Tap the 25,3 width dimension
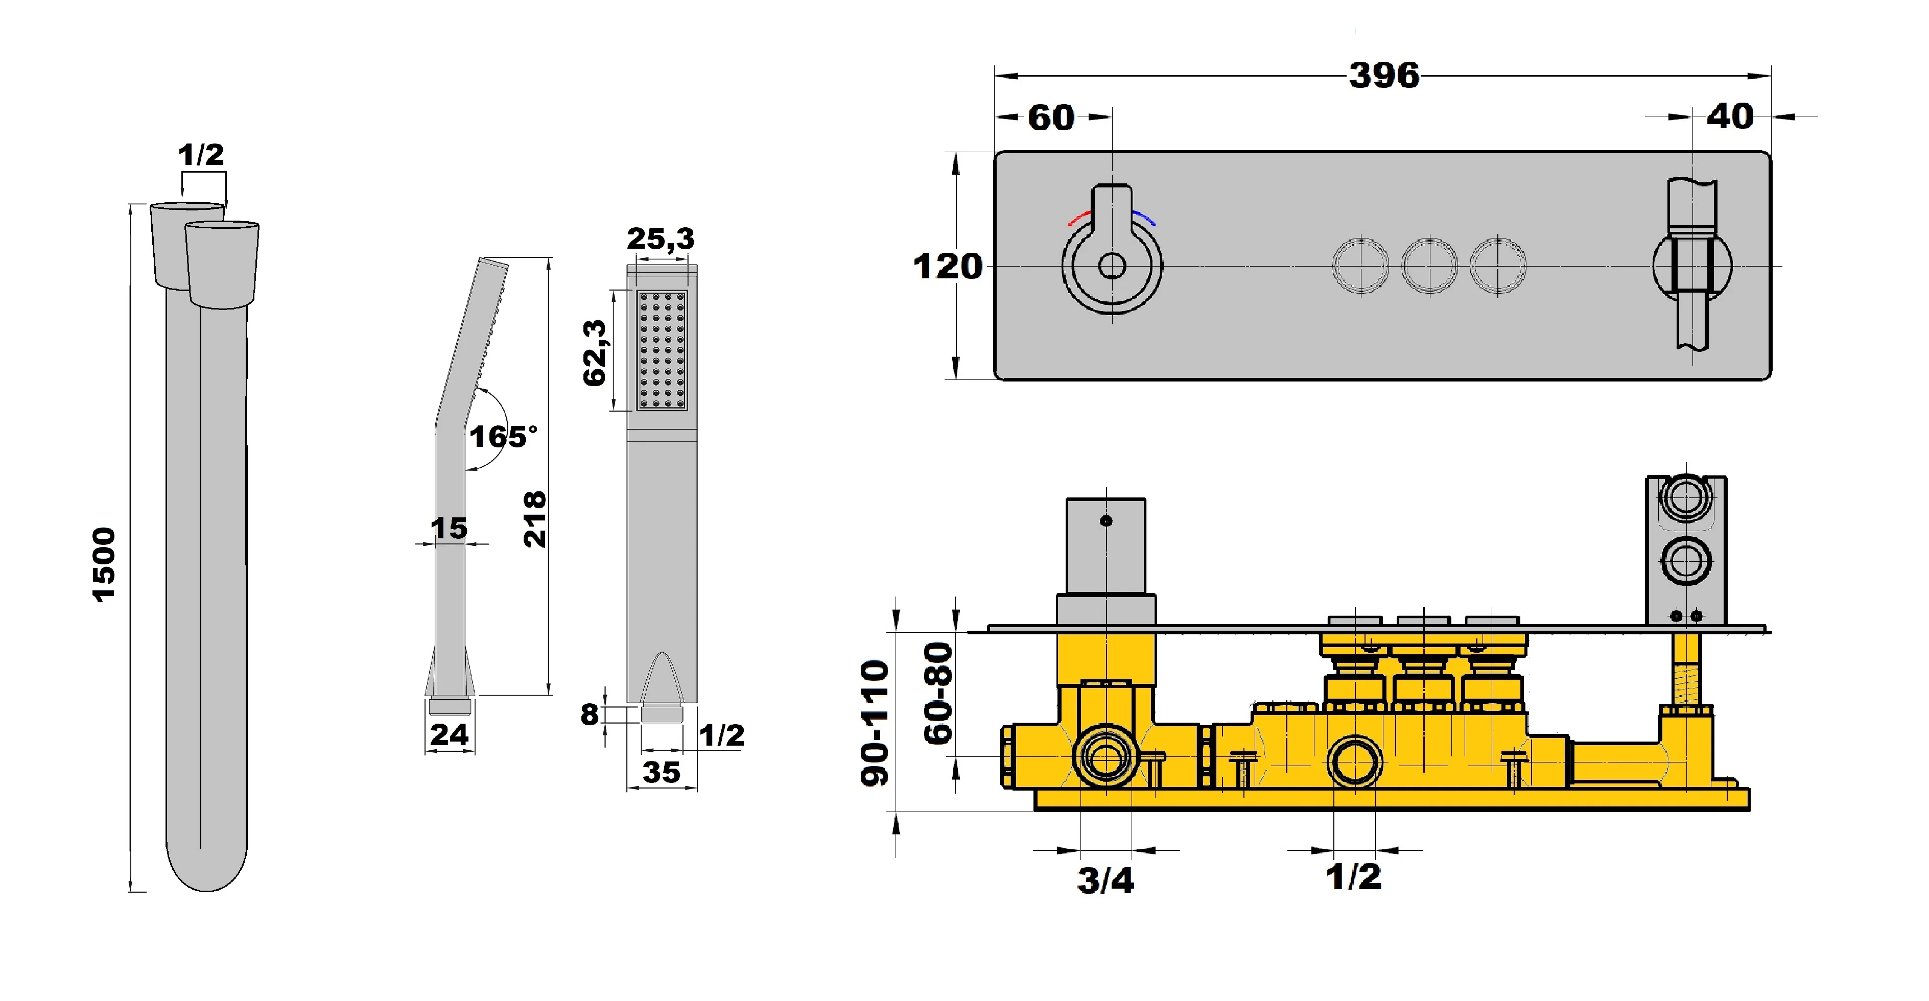661,240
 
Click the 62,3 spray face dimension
595,352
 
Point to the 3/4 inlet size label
1105,880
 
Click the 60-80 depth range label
937,693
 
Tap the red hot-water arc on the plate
1078,218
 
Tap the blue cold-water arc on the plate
1144,218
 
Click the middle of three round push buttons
1429,266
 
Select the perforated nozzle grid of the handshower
661,350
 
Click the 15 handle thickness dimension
449,529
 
